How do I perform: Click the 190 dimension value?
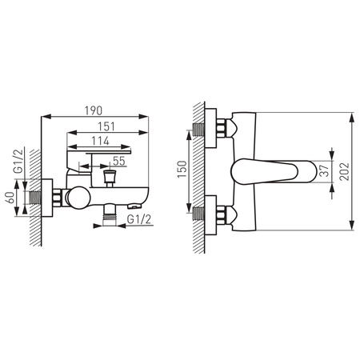pos(94,110)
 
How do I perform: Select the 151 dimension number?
pos(106,126)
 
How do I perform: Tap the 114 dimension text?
pos(100,141)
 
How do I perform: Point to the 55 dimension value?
pos(119,161)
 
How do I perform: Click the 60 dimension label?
pos(11,198)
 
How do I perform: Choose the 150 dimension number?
pos(182,170)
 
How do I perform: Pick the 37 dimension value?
pos(324,171)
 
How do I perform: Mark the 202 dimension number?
pos(344,172)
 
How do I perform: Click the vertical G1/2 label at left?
pos(19,162)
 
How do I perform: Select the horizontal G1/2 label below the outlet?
pos(139,219)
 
